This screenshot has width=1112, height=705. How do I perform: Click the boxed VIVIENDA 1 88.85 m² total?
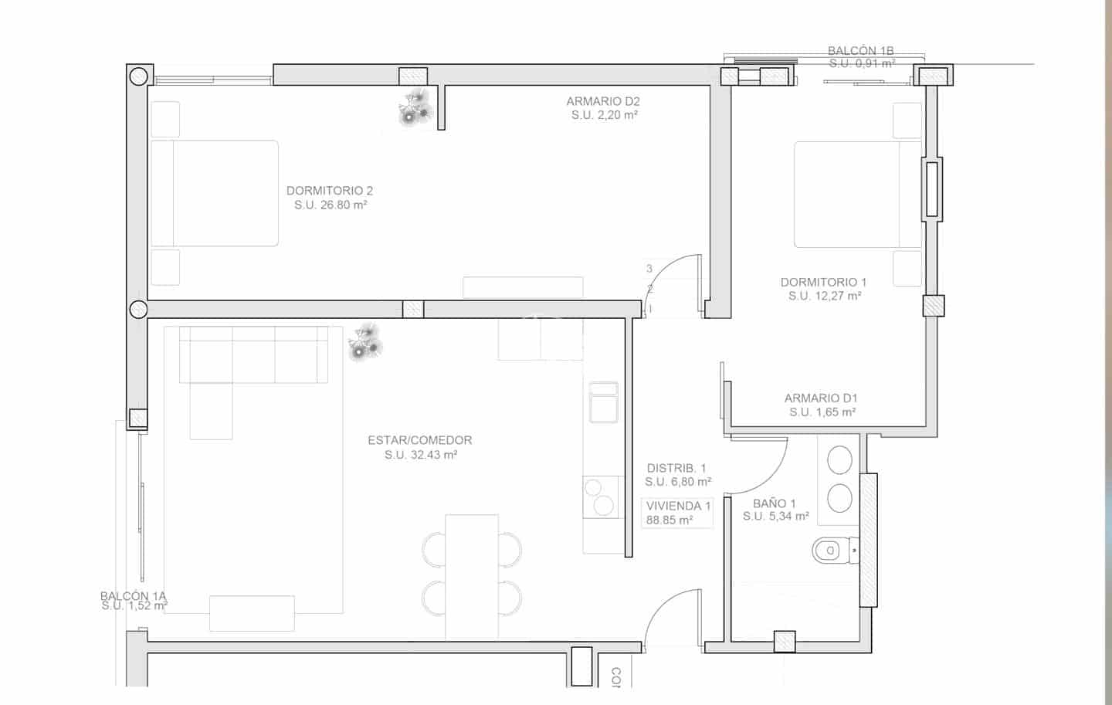tap(677, 513)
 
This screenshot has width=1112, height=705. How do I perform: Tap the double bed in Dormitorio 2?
tap(214, 193)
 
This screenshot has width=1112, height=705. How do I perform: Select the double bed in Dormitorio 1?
tap(857, 194)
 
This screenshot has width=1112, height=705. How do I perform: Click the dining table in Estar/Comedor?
tap(471, 576)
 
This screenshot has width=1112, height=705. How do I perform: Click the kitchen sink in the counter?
tap(603, 402)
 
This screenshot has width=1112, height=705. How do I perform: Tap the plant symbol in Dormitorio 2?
tap(415, 107)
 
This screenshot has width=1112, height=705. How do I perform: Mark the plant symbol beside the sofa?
tap(365, 343)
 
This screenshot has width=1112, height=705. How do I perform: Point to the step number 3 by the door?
tap(649, 269)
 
